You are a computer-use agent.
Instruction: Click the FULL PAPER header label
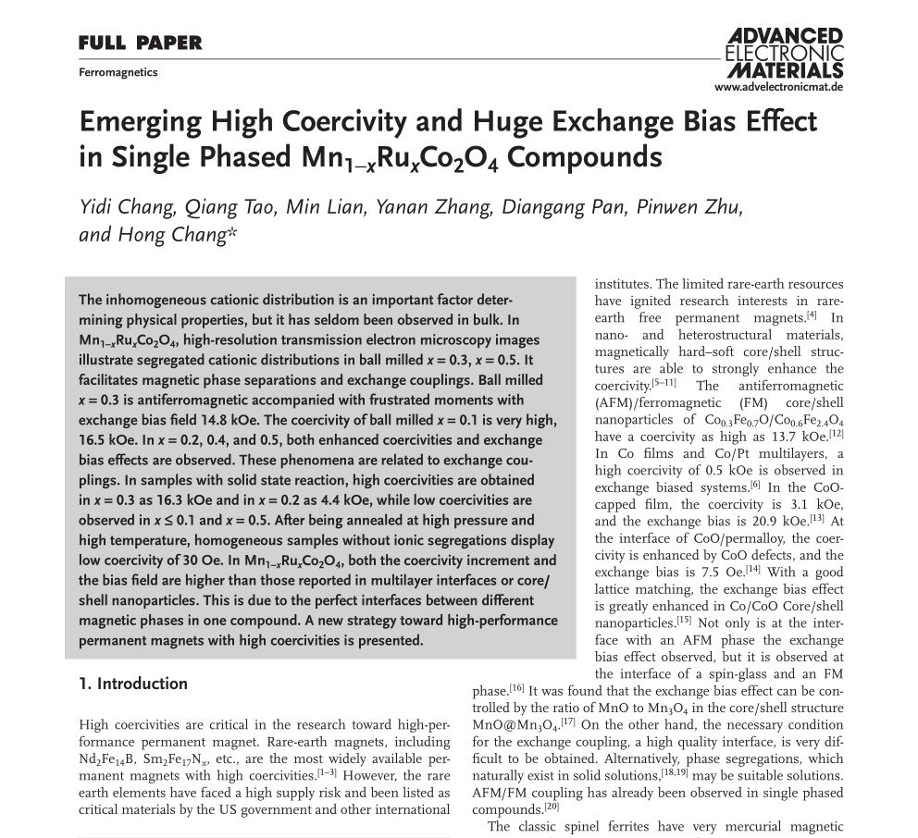(140, 43)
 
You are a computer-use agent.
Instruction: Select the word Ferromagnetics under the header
(118, 72)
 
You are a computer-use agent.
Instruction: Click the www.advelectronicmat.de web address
(779, 88)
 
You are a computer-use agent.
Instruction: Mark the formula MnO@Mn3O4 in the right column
(511, 724)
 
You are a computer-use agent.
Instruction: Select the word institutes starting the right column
(622, 284)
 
